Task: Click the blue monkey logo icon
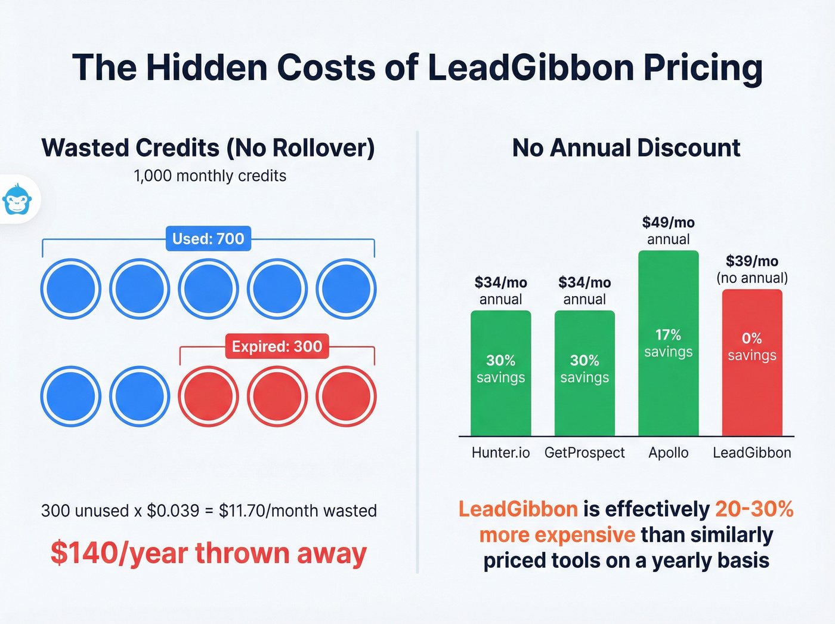click(17, 199)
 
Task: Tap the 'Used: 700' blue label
click(208, 239)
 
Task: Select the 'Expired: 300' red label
click(277, 346)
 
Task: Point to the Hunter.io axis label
click(500, 453)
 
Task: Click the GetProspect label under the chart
click(584, 453)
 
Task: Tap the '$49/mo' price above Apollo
click(668, 223)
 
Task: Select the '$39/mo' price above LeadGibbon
click(751, 261)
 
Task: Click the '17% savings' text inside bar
click(668, 343)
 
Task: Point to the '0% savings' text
click(751, 347)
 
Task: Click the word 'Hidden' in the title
click(206, 67)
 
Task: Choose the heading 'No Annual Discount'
click(626, 147)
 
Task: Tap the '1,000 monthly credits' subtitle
click(210, 176)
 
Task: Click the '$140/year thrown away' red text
click(208, 553)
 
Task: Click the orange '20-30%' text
click(754, 509)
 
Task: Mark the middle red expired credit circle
click(277, 396)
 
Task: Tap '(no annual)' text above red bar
click(751, 278)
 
